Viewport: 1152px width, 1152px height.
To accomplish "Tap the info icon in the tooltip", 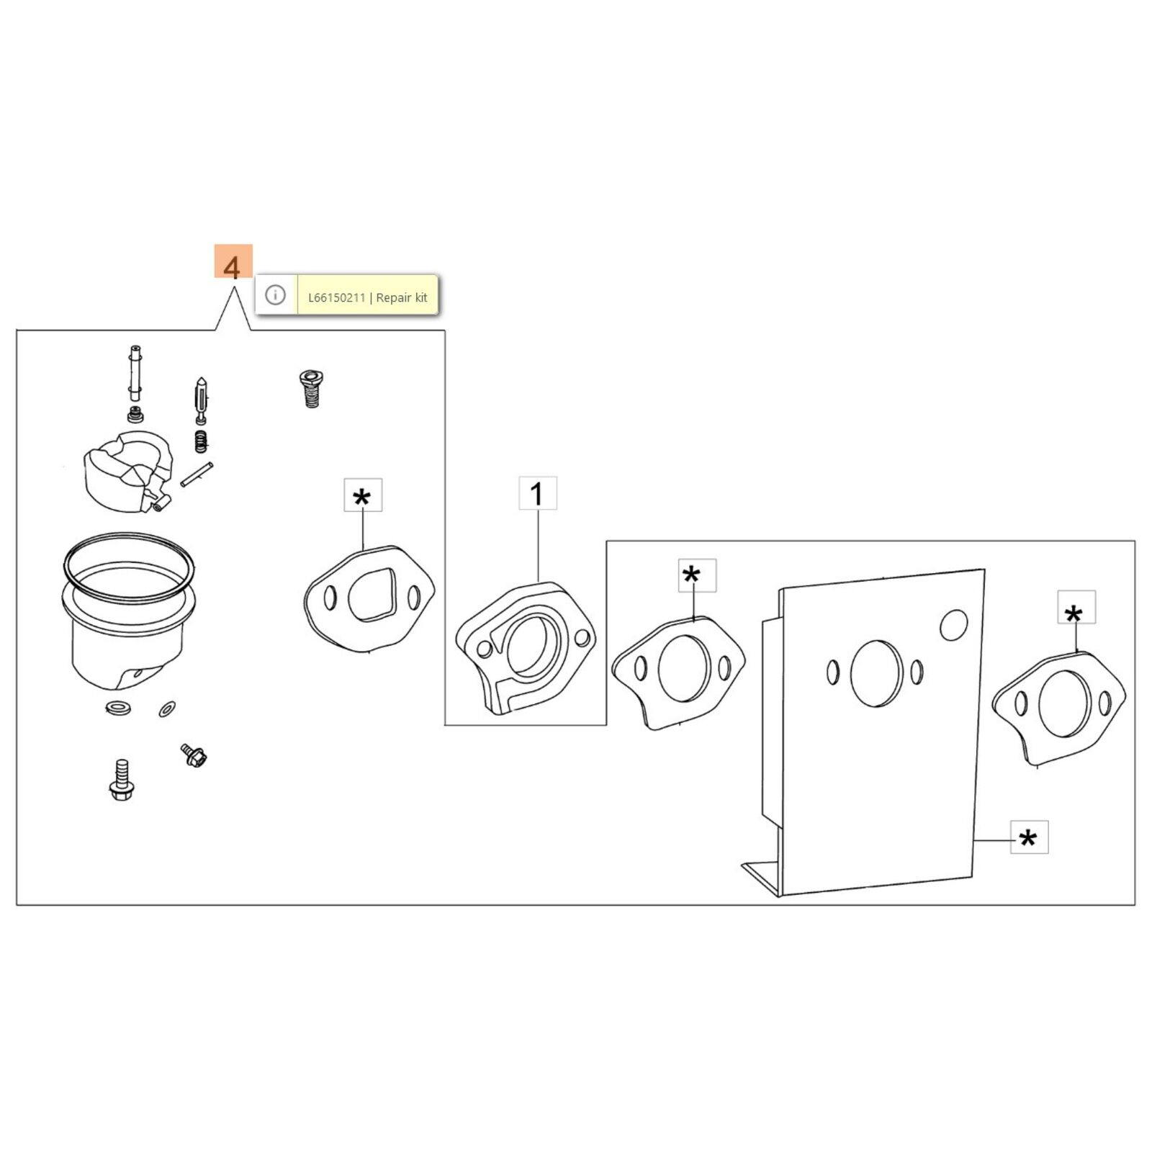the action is [275, 295].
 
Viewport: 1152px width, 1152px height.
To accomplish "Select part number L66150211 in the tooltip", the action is [336, 297].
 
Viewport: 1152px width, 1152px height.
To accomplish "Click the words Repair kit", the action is [402, 297].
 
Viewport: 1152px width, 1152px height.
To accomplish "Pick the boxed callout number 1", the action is [537, 493].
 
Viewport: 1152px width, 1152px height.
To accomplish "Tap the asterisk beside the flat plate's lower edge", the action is [1029, 837].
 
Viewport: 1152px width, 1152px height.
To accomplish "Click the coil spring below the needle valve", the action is [202, 441].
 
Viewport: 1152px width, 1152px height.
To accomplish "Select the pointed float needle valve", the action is [201, 400].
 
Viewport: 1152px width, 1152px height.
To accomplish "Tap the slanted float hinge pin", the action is [197, 474].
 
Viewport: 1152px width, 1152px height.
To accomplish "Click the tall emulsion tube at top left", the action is [135, 372].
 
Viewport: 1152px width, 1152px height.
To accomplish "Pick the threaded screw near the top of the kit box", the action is [311, 389].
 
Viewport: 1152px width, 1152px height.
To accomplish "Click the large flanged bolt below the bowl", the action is [122, 779].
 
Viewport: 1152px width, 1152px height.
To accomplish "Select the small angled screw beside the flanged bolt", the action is [194, 755].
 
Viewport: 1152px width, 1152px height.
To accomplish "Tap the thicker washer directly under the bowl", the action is [117, 708].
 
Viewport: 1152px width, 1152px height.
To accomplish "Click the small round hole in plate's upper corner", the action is [953, 625].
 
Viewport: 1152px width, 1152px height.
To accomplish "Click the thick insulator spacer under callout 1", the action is [526, 648].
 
